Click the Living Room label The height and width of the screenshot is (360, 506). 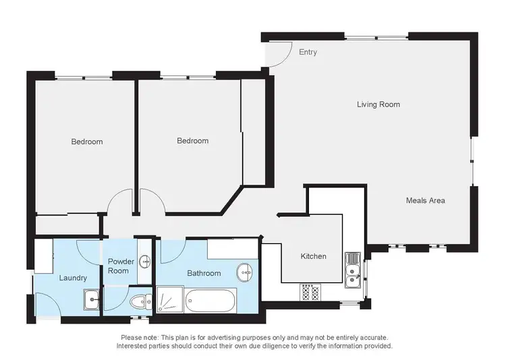(378, 104)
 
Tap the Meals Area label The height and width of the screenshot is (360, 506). (425, 200)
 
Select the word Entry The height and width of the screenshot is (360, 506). (308, 52)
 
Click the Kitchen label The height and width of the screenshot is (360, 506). (313, 256)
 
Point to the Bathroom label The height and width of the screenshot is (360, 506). (204, 273)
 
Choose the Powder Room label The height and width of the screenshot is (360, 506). (119, 266)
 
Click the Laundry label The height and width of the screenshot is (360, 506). (73, 278)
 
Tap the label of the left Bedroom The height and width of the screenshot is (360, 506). (87, 142)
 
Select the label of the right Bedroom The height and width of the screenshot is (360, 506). (192, 141)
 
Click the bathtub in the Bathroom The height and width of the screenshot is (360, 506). (210, 299)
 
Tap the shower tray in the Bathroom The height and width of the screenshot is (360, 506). (169, 299)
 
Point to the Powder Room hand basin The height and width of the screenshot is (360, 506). (146, 262)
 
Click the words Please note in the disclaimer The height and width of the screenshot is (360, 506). (140, 337)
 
